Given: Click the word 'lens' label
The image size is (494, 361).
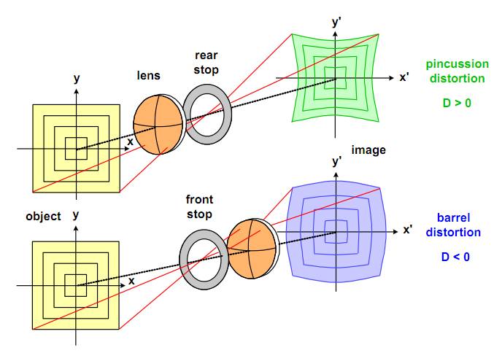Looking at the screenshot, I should [x=148, y=75].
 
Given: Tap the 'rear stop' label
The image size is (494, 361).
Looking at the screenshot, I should [x=207, y=63].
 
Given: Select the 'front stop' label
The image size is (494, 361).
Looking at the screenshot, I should [x=198, y=207].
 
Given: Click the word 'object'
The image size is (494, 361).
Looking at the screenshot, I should [x=43, y=217].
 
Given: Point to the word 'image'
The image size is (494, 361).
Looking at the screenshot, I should [x=368, y=150].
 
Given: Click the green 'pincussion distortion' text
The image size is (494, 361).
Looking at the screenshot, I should [x=456, y=71].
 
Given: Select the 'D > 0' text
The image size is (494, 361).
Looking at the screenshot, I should [x=457, y=103].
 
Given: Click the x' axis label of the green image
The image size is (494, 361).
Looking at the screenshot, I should [x=405, y=76].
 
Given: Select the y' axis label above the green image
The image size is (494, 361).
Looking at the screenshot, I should [x=337, y=23].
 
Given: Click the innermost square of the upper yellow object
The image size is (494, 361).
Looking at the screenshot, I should [x=76, y=149].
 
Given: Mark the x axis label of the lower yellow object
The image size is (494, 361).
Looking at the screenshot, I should [x=131, y=280].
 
